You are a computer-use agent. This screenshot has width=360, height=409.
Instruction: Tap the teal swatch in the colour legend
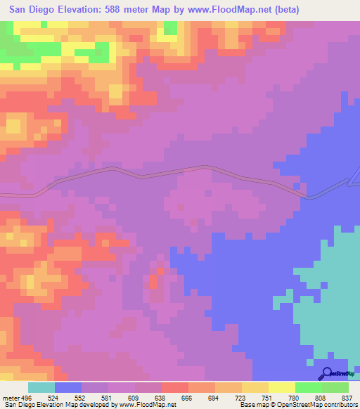[41, 387]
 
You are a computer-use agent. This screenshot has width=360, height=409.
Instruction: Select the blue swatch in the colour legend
[67, 387]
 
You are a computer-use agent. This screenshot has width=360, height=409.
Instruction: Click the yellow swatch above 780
[281, 387]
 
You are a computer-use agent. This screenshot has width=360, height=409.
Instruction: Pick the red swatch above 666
[174, 387]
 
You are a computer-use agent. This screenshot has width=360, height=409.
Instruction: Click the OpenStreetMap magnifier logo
[327, 373]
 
